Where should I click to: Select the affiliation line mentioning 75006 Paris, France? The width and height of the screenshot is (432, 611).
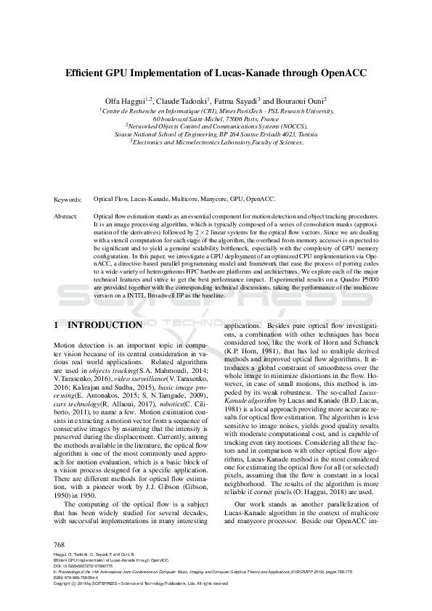coord(216,118)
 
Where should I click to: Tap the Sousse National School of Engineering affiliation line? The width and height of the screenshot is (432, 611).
coord(216,134)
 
